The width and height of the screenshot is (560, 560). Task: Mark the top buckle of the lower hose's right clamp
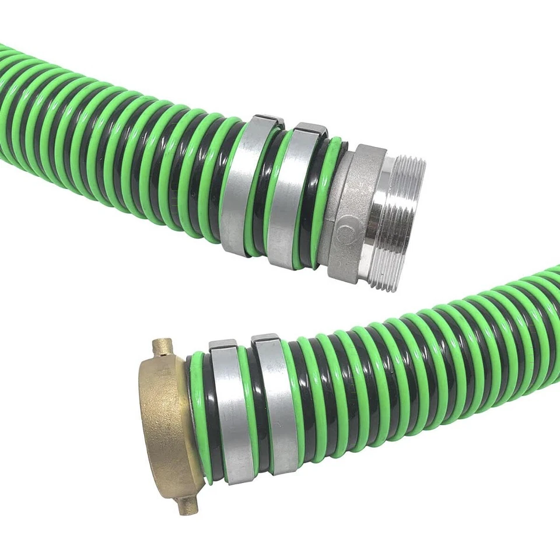pos(264,339)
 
